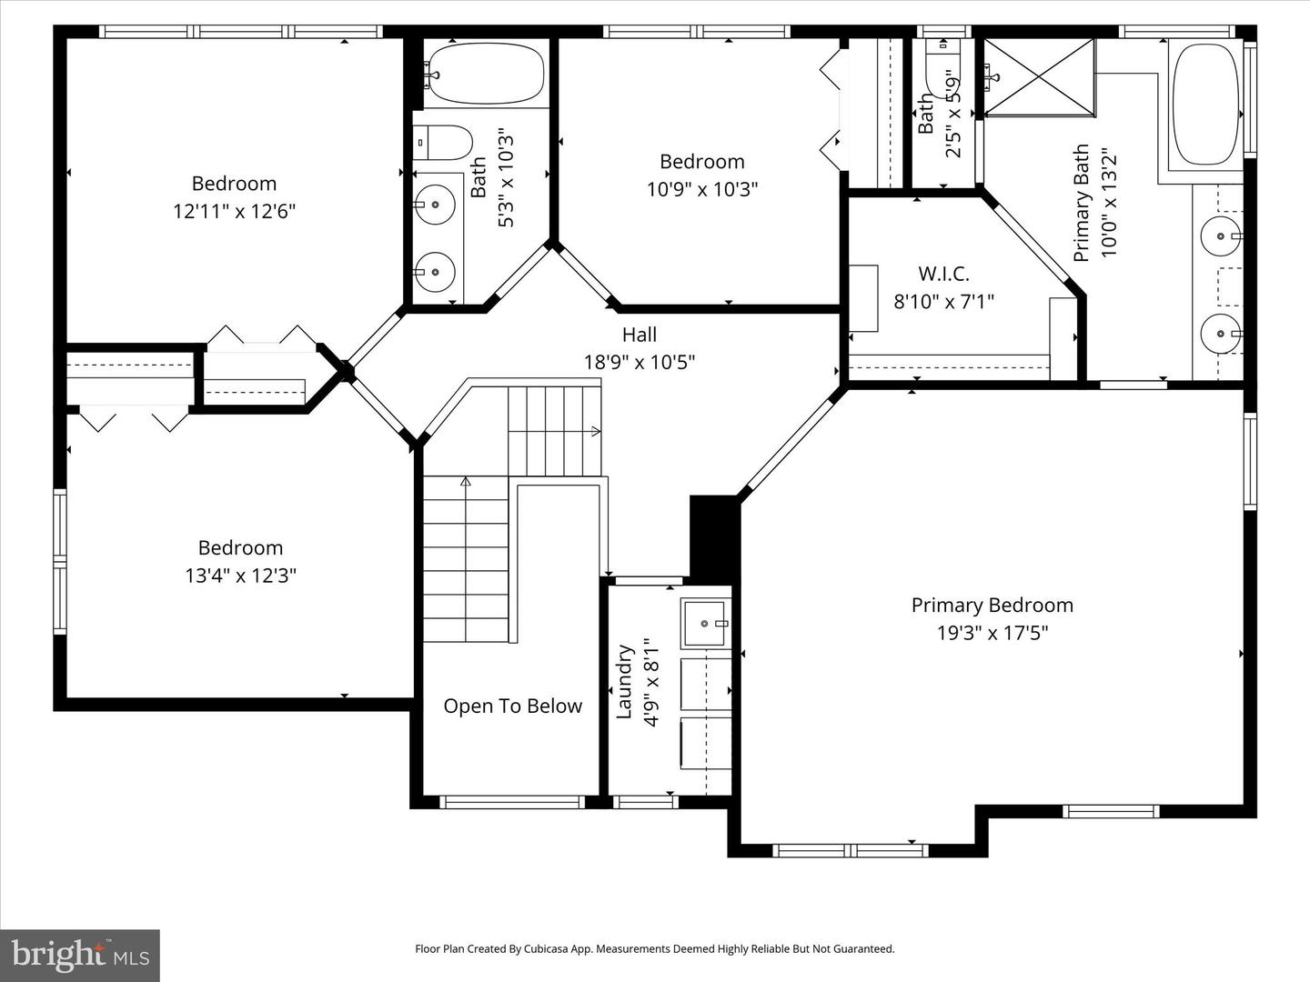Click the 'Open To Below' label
pos(512,706)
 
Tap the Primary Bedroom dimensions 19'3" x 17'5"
pos(993,633)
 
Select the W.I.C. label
pos(943,274)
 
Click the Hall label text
pos(640,335)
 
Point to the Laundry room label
pos(625,682)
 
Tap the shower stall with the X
pos(1040,77)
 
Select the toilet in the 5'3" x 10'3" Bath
pos(446,143)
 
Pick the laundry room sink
pos(706,624)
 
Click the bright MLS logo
pos(80,955)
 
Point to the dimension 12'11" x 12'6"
pos(235,212)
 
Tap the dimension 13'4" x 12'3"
pos(241,576)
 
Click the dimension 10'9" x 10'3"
pos(702,189)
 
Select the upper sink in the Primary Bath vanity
pos(1219,237)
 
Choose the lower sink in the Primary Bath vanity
pos(1219,334)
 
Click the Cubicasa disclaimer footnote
pos(655,948)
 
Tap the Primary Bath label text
pos(1082,203)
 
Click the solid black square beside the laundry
pos(712,536)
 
